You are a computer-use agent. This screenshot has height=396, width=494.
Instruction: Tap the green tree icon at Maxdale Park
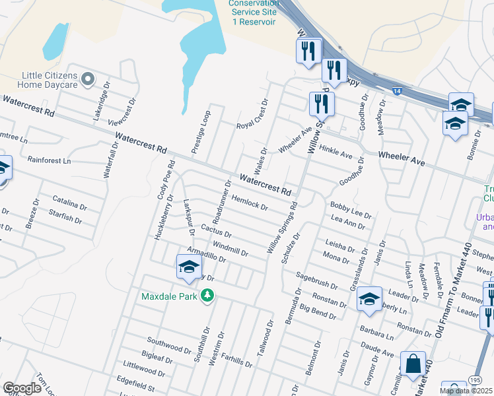tap(207, 295)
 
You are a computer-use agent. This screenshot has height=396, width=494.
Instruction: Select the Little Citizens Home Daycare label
tap(50, 80)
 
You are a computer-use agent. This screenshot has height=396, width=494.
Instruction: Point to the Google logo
tap(22, 388)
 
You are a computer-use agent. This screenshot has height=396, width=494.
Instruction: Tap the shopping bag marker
tap(413, 363)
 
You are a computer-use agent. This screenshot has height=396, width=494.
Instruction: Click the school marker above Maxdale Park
tap(189, 267)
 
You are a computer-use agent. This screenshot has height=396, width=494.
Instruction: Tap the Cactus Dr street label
tap(216, 230)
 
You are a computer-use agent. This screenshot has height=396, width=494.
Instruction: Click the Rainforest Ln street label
tap(48, 160)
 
